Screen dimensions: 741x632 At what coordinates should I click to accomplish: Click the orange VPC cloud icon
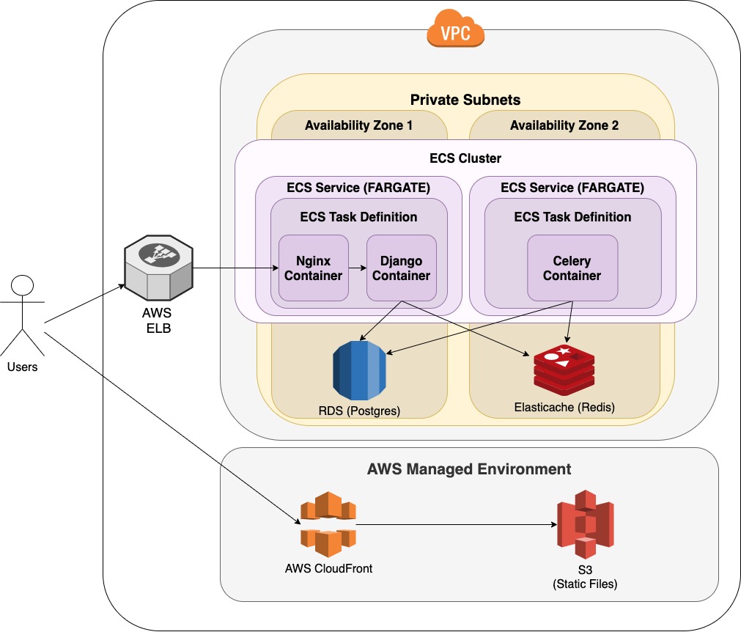pyautogui.click(x=456, y=29)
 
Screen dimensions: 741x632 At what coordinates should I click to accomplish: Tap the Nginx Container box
pyautogui.click(x=313, y=268)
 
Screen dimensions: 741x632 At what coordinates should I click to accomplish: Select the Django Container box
pyautogui.click(x=401, y=268)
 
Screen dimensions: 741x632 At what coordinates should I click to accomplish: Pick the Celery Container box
pyautogui.click(x=572, y=268)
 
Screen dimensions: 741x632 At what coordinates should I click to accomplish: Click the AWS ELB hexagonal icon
pyautogui.click(x=159, y=268)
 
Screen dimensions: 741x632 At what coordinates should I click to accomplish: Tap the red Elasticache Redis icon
pyautogui.click(x=564, y=370)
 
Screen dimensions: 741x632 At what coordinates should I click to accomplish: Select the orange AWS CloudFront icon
pyautogui.click(x=328, y=524)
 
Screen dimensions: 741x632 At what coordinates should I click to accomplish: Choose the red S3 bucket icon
pyautogui.click(x=585, y=525)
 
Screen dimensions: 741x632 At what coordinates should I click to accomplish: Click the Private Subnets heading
pyautogui.click(x=465, y=100)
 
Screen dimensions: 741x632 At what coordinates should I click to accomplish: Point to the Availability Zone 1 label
pyautogui.click(x=358, y=125)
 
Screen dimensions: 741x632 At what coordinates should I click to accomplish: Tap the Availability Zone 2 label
pyautogui.click(x=564, y=125)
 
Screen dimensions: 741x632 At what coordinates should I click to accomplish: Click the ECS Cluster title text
pyautogui.click(x=465, y=158)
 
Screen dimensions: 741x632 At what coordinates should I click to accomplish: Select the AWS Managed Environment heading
pyautogui.click(x=469, y=469)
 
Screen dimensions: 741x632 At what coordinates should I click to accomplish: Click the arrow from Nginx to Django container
pyautogui.click(x=358, y=268)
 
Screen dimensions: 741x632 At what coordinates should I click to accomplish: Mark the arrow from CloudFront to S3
pyautogui.click(x=457, y=524)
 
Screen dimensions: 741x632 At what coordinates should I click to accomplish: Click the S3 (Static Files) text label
pyautogui.click(x=585, y=577)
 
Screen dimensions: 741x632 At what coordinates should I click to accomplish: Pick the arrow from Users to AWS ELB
pyautogui.click(x=84, y=304)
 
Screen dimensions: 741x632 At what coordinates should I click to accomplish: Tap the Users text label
pyautogui.click(x=22, y=367)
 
